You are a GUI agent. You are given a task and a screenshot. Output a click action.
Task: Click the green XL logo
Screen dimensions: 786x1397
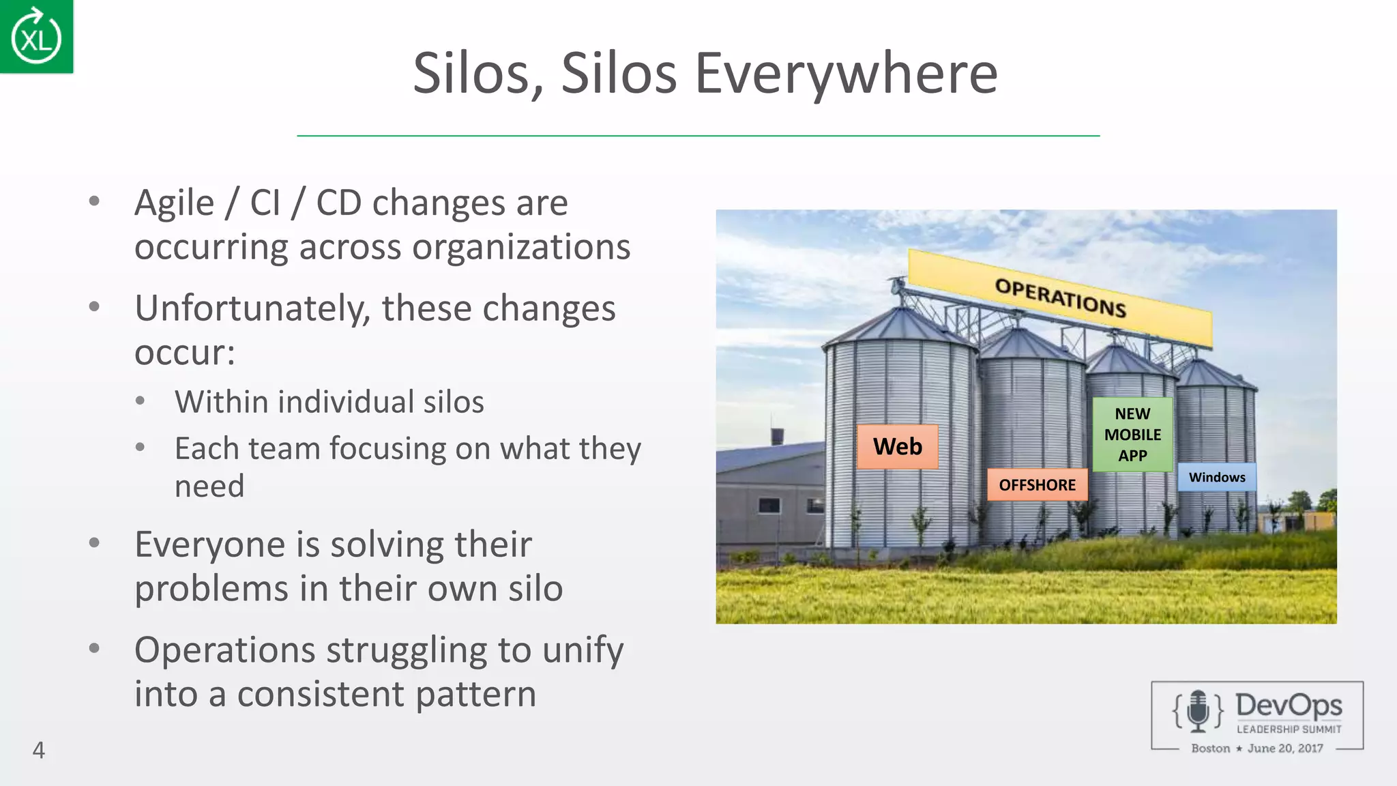coord(36,37)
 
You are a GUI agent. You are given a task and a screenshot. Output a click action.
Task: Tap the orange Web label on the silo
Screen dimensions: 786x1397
coord(897,447)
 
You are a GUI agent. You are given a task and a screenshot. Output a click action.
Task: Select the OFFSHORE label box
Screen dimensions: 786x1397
coord(1037,485)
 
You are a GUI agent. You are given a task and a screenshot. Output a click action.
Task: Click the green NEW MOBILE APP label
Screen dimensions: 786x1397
coord(1132,435)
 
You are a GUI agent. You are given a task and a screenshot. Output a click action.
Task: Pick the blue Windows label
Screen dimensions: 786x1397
coord(1217,478)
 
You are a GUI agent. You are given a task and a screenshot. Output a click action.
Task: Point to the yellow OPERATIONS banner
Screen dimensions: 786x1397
coord(1060,298)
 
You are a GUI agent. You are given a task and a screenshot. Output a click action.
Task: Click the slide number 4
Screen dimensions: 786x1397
coord(39,750)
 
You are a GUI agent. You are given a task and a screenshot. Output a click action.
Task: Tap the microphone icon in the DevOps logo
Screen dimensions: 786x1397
coord(1198,710)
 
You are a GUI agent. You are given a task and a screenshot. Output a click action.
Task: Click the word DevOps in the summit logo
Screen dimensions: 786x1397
coord(1288,705)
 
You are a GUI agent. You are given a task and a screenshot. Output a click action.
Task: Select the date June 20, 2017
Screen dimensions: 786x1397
coord(1285,748)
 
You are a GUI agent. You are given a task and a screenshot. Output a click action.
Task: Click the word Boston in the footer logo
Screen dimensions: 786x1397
coord(1210,748)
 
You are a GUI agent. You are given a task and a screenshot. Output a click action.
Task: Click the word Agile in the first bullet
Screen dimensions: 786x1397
coord(175,203)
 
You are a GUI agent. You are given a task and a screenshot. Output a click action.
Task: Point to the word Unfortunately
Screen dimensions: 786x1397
coord(252,308)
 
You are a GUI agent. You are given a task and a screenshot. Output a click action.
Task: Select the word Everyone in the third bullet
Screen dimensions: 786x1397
coord(207,544)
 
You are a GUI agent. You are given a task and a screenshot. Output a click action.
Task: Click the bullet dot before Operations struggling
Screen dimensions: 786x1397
coord(95,647)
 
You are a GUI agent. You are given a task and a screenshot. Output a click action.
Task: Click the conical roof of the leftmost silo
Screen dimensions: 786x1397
coord(898,327)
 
